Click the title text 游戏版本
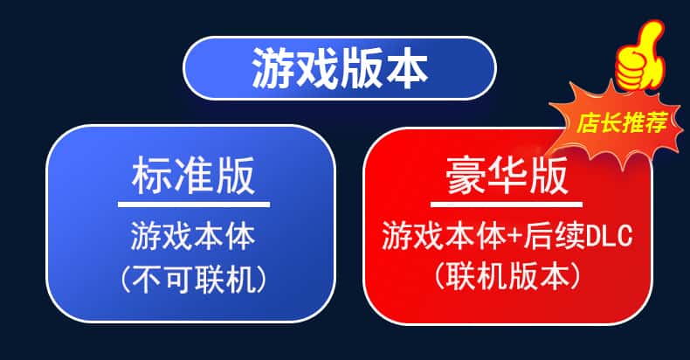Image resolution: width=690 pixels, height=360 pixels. click(340, 68)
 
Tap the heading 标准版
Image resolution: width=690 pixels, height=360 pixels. click(193, 177)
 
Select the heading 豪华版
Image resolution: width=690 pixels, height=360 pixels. click(507, 177)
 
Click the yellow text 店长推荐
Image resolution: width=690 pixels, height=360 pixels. click(622, 122)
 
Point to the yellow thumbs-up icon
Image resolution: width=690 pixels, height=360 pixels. click(640, 56)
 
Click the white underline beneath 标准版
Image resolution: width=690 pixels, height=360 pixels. click(194, 204)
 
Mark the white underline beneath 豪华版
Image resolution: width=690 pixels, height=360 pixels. click(506, 204)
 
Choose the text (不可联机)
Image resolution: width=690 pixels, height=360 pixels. click(194, 280)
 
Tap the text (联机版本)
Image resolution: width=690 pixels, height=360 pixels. click(507, 276)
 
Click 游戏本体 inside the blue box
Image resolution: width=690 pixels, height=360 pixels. click(193, 236)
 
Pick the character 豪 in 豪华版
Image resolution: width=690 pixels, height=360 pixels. click(465, 177)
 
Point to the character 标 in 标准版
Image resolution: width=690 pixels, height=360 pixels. click(151, 177)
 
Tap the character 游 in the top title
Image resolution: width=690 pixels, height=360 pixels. click(273, 68)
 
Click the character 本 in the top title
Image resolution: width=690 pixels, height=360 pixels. click(407, 68)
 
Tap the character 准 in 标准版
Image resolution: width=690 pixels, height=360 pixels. click(193, 177)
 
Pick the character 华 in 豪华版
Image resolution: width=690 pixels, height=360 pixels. click(507, 177)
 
